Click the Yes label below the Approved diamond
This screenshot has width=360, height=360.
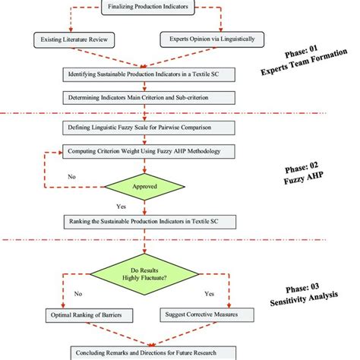[x=120, y=205]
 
